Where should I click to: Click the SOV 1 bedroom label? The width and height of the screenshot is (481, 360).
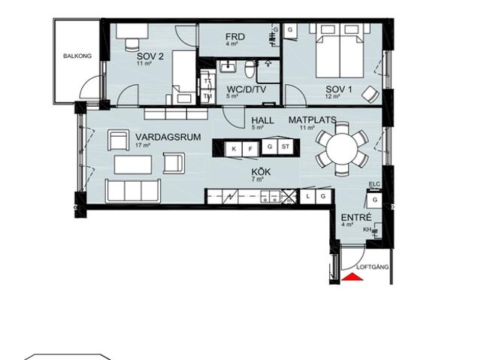[338, 89]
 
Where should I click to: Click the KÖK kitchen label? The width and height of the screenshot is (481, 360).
[261, 171]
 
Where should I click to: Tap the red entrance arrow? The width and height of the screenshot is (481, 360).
[352, 277]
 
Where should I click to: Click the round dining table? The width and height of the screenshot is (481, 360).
[342, 148]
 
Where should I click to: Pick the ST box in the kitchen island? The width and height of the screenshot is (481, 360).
[286, 147]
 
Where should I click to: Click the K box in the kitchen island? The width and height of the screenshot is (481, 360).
[234, 149]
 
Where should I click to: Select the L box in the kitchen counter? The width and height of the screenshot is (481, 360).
[308, 196]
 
